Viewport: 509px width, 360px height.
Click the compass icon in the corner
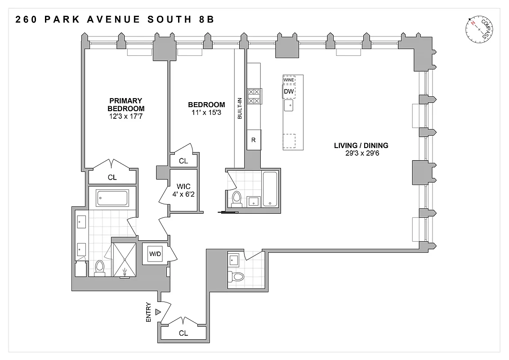(x=481, y=30)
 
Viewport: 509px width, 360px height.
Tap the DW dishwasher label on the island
(x=289, y=92)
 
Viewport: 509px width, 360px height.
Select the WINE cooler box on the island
(x=289, y=80)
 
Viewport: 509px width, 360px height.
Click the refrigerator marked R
(x=253, y=140)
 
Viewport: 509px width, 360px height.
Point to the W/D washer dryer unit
(x=155, y=254)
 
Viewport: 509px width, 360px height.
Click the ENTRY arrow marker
(x=158, y=311)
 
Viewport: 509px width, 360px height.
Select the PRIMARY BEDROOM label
(x=126, y=104)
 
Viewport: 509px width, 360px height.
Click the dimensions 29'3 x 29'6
(x=361, y=153)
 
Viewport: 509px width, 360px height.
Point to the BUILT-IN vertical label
(x=240, y=108)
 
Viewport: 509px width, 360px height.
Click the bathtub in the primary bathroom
(x=112, y=198)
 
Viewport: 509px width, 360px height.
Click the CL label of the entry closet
(x=183, y=333)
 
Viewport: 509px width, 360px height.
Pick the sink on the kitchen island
(x=289, y=106)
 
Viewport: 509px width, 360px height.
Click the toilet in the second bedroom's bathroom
(x=236, y=199)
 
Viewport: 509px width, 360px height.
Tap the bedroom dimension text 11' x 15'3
(x=206, y=112)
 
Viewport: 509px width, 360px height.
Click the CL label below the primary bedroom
(x=112, y=177)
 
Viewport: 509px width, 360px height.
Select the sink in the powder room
(x=234, y=260)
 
